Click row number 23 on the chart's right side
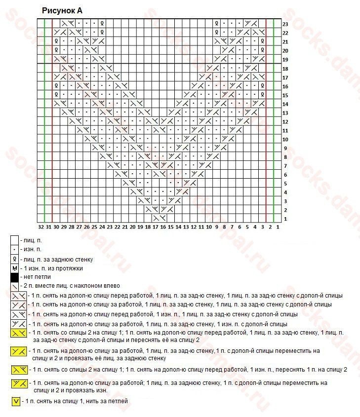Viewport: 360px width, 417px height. click(x=285, y=24)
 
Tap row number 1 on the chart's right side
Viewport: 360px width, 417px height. click(x=285, y=219)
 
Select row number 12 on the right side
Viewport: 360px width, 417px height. click(x=285, y=121)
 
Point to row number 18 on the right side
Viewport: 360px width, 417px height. click(x=285, y=69)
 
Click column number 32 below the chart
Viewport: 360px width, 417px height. click(x=41, y=227)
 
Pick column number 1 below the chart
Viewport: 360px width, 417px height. click(x=278, y=227)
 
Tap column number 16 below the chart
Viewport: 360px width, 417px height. click(x=163, y=227)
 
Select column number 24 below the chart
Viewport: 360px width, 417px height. click(x=102, y=227)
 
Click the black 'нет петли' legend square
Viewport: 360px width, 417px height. click(x=15, y=277)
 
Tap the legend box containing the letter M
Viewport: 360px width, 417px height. click(x=15, y=268)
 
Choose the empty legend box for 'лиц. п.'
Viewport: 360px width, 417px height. click(x=15, y=240)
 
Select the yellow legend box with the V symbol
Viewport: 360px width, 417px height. click(x=16, y=401)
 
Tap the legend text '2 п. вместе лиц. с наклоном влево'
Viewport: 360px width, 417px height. click(x=71, y=286)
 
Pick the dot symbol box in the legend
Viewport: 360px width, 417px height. click(x=15, y=249)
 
